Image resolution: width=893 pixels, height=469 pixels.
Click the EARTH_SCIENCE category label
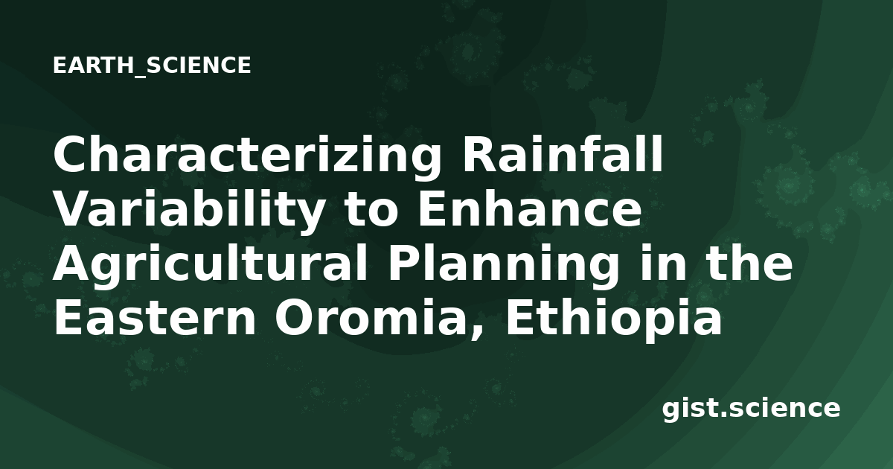pyautogui.click(x=152, y=66)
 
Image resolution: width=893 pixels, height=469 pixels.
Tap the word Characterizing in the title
pyautogui.click(x=248, y=156)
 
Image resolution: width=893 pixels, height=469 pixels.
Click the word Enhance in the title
pyautogui.click(x=530, y=208)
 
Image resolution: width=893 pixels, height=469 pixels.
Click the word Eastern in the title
pyautogui.click(x=155, y=317)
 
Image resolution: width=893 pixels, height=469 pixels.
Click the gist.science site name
pyautogui.click(x=751, y=409)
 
